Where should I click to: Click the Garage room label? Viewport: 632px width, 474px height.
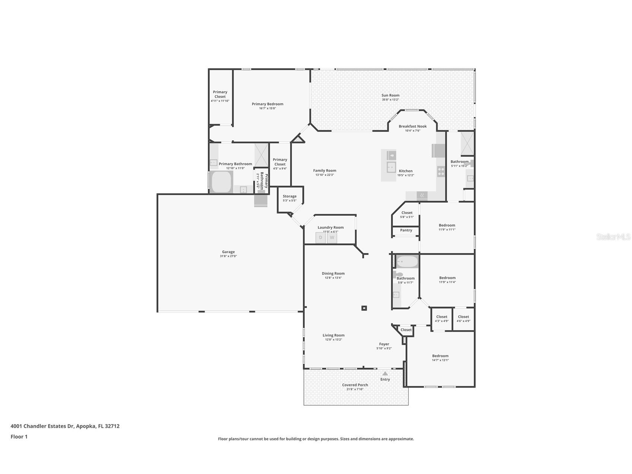[x=228, y=252]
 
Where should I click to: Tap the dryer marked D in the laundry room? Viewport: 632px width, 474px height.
[x=321, y=238]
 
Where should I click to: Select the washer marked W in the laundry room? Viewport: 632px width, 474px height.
[x=332, y=238]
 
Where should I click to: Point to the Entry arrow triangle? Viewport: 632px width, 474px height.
[x=385, y=373]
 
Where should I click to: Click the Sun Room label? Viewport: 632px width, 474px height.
[x=390, y=95]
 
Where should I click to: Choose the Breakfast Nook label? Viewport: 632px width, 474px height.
[x=412, y=126]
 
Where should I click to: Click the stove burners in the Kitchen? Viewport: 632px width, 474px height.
[x=441, y=171]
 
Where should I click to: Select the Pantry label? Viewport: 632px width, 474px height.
[x=406, y=230]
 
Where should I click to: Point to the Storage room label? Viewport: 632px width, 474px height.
[x=289, y=196]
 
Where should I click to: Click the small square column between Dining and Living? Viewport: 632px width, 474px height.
[x=364, y=308]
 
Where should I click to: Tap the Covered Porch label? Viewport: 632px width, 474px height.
[x=355, y=385]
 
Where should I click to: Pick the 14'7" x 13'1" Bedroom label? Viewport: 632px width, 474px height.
[x=440, y=356]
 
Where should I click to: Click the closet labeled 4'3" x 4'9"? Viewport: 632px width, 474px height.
[x=442, y=319]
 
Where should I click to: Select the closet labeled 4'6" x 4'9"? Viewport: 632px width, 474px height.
[x=463, y=319]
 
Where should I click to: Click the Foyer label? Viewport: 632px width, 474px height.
[x=384, y=344]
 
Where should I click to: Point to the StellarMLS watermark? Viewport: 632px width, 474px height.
[x=613, y=237]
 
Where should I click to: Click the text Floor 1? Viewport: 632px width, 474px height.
[x=19, y=437]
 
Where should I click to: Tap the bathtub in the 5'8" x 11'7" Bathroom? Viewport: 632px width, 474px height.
[x=407, y=262]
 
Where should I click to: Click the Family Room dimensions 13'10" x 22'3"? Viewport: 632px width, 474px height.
[x=325, y=175]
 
